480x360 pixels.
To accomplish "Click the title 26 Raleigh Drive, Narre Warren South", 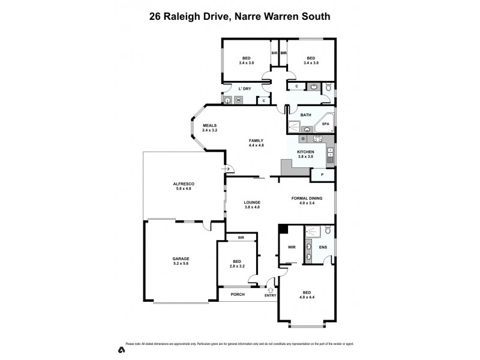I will pyautogui.click(x=239, y=17).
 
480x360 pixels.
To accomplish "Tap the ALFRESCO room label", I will pyautogui.click(x=181, y=183).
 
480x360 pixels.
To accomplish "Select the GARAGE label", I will pyautogui.click(x=181, y=259).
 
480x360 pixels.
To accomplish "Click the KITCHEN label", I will pyautogui.click(x=305, y=152).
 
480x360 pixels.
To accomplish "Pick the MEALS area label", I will pyautogui.click(x=209, y=125).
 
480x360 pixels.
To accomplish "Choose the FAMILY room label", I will pyautogui.click(x=256, y=140).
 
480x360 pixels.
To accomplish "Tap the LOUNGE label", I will pyautogui.click(x=252, y=202).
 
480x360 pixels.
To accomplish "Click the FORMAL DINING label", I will pyautogui.click(x=307, y=198).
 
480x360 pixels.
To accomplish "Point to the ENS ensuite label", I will pyautogui.click(x=323, y=247).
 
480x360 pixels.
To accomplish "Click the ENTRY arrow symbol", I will pyautogui.click(x=271, y=290).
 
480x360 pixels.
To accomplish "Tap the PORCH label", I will pyautogui.click(x=238, y=295).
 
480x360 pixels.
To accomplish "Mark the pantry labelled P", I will pyautogui.click(x=322, y=175).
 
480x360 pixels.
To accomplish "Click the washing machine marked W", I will pyautogui.click(x=238, y=100).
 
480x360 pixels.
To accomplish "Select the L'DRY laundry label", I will pyautogui.click(x=244, y=89).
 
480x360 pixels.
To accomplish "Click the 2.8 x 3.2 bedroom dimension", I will pyautogui.click(x=238, y=266).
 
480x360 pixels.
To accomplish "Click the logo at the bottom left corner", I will pyautogui.click(x=120, y=349).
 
